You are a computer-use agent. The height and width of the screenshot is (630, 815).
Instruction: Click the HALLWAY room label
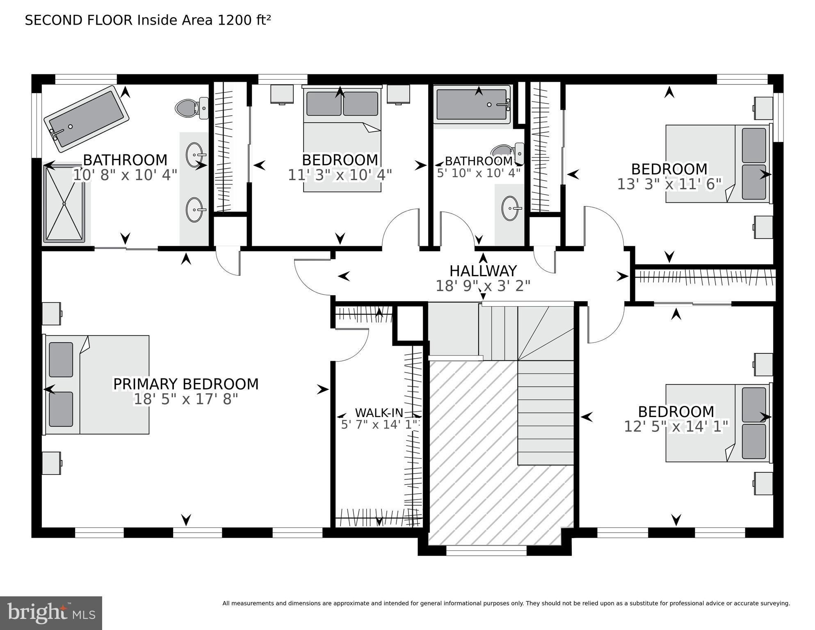pos(483,271)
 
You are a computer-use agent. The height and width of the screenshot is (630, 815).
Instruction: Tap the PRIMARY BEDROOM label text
pos(186,384)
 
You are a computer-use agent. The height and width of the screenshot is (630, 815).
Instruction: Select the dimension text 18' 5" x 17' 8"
pos(186,399)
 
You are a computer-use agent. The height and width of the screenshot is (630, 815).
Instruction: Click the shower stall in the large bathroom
pos(64,203)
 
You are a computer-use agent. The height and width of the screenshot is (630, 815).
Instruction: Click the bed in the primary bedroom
pos(97,385)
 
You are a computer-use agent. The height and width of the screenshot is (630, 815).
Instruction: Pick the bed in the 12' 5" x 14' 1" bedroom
pos(717,423)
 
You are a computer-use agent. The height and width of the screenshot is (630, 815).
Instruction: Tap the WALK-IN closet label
pos(379,412)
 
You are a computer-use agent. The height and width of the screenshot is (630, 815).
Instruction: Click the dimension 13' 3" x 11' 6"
pos(669,184)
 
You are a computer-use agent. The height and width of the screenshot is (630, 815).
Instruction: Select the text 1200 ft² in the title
pos(244,20)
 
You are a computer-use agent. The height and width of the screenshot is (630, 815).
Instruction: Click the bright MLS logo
pos(51,613)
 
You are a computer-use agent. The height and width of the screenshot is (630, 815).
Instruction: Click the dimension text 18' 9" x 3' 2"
pos(483,286)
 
